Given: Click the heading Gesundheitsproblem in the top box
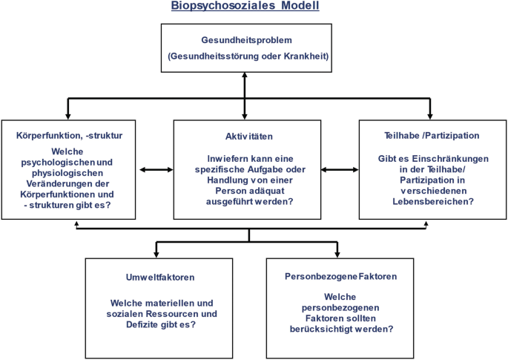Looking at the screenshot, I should pyautogui.click(x=244, y=39).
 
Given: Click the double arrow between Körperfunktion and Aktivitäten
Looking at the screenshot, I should pyautogui.click(x=155, y=170).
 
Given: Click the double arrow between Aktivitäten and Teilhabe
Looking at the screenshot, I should pyautogui.click(x=340, y=170).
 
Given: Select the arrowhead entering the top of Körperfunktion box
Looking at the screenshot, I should pyautogui.click(x=67, y=115).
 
